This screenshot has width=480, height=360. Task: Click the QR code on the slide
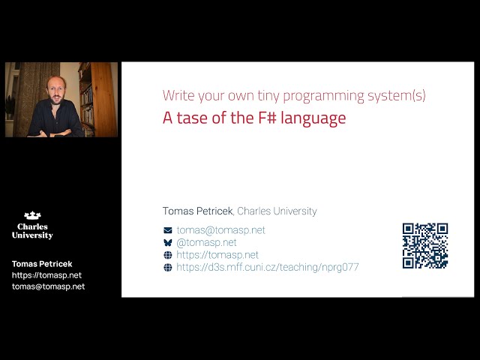pos(425,245)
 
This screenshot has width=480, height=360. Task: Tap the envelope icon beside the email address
pos(168,230)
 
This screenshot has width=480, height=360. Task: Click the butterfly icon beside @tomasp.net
pos(168,243)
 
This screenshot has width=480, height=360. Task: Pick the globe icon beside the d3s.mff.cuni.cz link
pos(168,268)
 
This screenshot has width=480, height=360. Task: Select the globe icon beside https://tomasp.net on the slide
pos(168,255)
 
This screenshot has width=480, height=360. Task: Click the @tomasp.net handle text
pos(206,243)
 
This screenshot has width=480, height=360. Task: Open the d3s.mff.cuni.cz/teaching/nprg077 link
pos(267,268)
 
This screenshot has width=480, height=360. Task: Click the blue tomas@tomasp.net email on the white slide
pos(220,230)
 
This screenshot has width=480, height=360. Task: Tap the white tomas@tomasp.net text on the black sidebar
pos(48,286)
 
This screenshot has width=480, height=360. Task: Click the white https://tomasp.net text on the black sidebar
pos(46,275)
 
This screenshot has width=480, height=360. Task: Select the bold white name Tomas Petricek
pos(42,264)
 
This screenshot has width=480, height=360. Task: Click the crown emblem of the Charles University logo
pos(32,216)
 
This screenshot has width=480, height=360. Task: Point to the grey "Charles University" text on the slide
pos(277,211)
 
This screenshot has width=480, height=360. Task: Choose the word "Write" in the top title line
pos(177,96)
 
